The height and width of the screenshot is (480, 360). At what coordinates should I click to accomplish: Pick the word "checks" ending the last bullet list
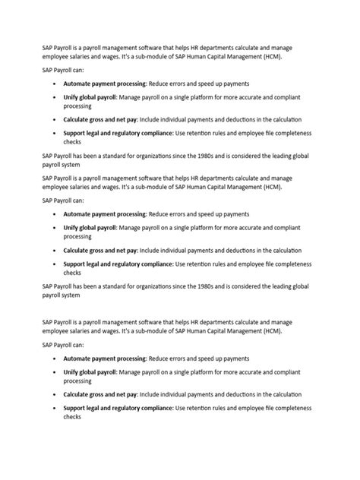pyautogui.click(x=72, y=417)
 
